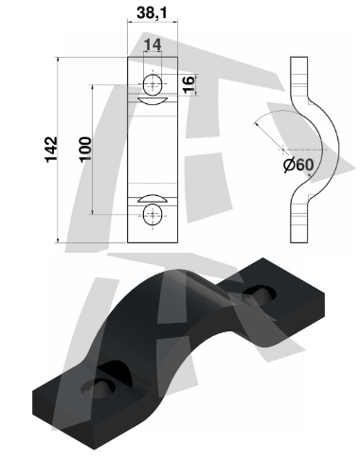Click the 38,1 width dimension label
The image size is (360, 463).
[x=152, y=13]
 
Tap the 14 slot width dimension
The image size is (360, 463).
[x=153, y=45]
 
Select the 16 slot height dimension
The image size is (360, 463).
[x=189, y=84]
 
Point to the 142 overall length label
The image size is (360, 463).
[x=51, y=150]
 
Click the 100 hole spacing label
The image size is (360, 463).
[x=85, y=150]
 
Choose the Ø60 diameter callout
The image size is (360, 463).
[x=298, y=165]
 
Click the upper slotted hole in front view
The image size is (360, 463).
[x=153, y=84]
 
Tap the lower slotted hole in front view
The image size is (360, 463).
[x=153, y=215]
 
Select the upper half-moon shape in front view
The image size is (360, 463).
[x=153, y=101]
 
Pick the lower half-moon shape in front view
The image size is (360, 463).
[x=153, y=199]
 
